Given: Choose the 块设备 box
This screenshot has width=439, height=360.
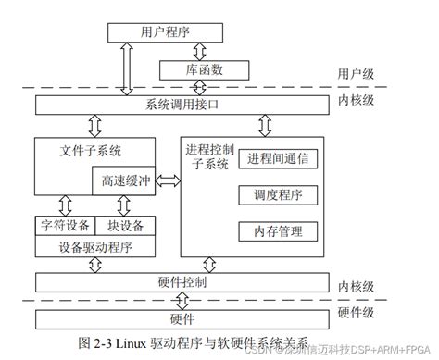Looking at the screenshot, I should point(124,225).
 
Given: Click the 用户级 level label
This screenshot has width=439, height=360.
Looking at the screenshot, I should point(357,75).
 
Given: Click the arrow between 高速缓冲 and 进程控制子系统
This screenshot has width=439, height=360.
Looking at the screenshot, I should point(168,183).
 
